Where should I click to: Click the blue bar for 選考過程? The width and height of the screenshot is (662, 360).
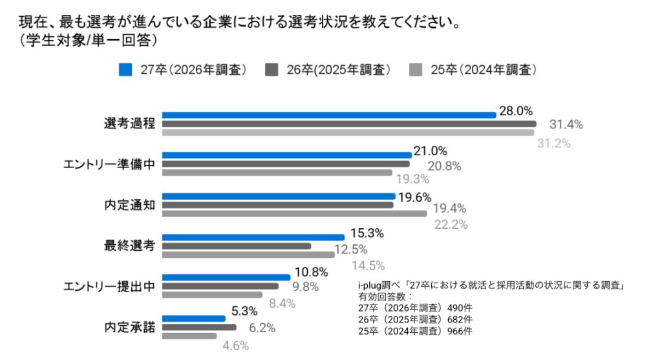click(x=328, y=115)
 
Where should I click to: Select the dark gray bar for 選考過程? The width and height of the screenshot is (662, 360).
click(x=348, y=123)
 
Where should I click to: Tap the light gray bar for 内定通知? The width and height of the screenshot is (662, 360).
click(x=294, y=213)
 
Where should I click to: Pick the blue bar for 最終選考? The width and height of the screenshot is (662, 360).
click(x=253, y=237)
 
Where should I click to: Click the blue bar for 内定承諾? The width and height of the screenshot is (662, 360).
click(x=193, y=319)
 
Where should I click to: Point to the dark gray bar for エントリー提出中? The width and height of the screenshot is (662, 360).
click(x=220, y=286)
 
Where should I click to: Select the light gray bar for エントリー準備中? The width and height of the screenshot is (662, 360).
click(x=277, y=173)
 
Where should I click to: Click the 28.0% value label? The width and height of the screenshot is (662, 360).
click(x=516, y=111)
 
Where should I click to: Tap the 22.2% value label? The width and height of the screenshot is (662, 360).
click(x=451, y=224)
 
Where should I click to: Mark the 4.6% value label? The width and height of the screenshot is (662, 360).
click(x=235, y=346)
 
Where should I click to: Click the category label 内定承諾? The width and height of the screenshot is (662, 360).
click(x=130, y=327)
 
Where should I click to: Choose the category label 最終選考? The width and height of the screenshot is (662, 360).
click(x=130, y=246)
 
